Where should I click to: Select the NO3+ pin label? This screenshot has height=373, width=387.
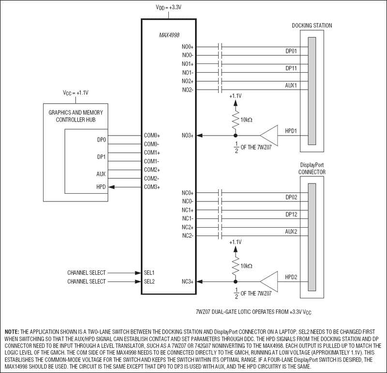(x=188, y=136)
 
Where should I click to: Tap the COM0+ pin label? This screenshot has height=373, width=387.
(x=151, y=136)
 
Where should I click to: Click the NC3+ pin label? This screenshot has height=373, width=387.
(x=188, y=281)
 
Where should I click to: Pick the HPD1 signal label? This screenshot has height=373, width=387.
(x=291, y=131)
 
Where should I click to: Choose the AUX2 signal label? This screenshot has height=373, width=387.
(x=291, y=232)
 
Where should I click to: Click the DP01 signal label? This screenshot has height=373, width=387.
(x=291, y=50)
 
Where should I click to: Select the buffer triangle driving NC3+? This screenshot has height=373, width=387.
(x=269, y=281)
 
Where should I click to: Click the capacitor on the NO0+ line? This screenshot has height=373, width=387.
(x=221, y=47)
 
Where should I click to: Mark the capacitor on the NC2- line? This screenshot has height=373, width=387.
(x=221, y=236)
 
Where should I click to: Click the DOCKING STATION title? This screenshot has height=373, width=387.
(x=312, y=25)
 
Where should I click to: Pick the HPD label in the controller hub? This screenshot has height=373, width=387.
(x=101, y=187)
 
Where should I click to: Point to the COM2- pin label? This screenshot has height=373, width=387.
(x=151, y=178)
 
